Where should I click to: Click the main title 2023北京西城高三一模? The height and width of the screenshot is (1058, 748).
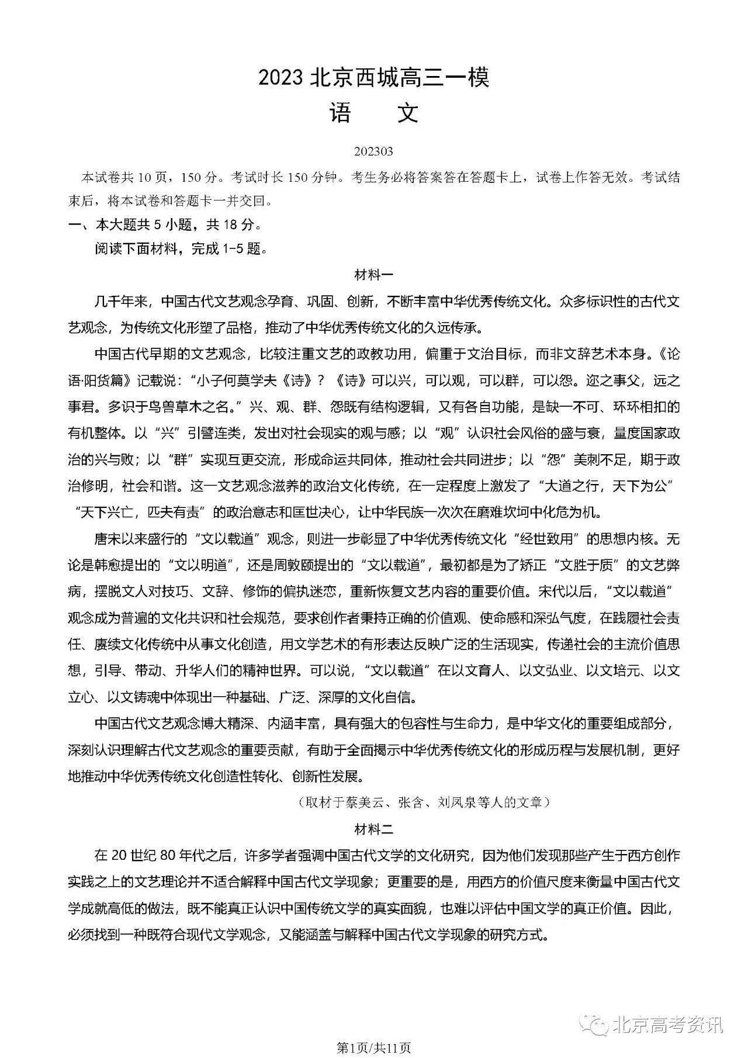[x=373, y=77]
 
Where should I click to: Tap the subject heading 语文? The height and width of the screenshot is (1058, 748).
[x=373, y=113]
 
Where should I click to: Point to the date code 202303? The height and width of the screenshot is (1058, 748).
[x=373, y=151]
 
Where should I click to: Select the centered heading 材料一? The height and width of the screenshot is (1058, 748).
[x=374, y=274]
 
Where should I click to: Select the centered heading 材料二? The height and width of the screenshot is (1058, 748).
[x=374, y=828]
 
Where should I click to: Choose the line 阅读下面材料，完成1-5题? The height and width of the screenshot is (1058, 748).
[x=182, y=248]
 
